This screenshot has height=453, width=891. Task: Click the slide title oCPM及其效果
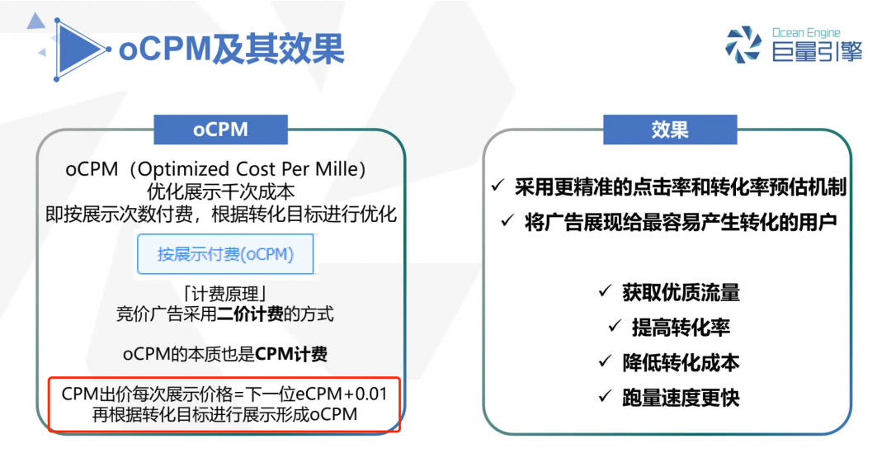(231, 49)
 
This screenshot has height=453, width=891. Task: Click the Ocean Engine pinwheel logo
(743, 45)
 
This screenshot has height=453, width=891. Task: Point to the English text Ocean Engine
(806, 33)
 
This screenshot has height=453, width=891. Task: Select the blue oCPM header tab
(220, 130)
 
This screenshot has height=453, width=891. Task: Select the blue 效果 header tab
(670, 130)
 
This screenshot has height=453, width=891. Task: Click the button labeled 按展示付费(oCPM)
(225, 254)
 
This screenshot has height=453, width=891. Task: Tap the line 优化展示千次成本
(221, 192)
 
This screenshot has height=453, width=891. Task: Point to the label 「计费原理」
(225, 294)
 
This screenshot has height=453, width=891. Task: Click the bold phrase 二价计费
(250, 314)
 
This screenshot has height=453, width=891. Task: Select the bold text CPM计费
(291, 354)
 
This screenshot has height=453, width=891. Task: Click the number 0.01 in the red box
(370, 394)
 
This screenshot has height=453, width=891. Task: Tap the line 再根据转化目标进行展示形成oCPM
(225, 413)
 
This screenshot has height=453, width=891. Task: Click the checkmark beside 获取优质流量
(605, 292)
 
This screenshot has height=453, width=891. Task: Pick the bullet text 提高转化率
(681, 328)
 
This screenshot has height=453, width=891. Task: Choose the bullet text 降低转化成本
(681, 362)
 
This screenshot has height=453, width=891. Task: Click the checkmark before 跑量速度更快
(605, 397)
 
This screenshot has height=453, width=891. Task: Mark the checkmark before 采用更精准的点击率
(497, 186)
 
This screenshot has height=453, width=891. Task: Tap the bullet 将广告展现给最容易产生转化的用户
(681, 222)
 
